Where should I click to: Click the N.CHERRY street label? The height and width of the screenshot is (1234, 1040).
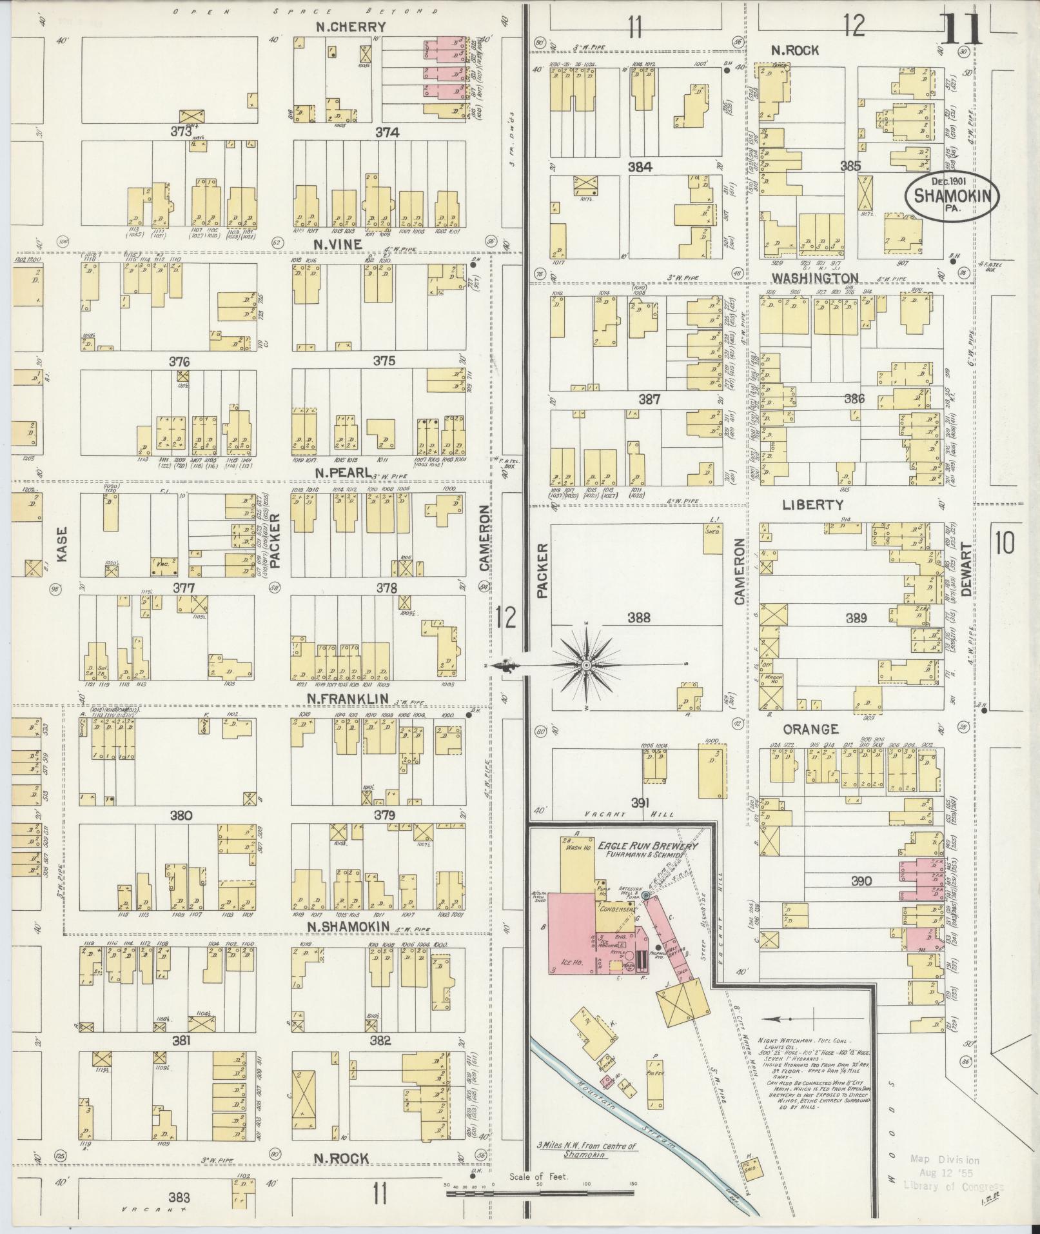click(x=351, y=27)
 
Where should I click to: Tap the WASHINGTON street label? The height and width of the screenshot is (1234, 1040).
click(x=815, y=278)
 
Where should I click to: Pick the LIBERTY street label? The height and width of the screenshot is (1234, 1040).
click(x=812, y=505)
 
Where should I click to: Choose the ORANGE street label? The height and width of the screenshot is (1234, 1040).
click(x=810, y=730)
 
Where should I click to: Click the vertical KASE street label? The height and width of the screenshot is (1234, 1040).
click(x=62, y=545)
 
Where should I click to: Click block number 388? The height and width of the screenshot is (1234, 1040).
click(x=638, y=618)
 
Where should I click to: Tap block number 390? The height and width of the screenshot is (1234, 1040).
click(x=861, y=881)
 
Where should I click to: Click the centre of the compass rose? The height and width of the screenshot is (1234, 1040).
click(x=586, y=665)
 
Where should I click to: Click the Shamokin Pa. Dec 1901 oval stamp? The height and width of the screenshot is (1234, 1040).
click(x=952, y=197)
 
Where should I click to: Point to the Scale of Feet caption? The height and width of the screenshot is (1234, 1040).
click(x=538, y=1177)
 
